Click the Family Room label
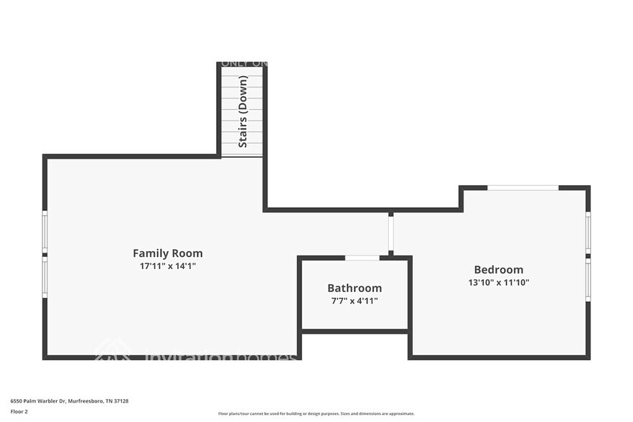click(167, 253)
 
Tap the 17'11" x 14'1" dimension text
click(167, 266)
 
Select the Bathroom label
click(355, 289)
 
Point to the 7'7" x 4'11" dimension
click(355, 301)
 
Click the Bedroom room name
click(498, 270)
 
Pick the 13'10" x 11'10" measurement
click(498, 283)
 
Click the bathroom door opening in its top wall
click(362, 258)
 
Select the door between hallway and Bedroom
click(391, 233)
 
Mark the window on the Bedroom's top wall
click(522, 188)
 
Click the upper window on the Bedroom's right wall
click(588, 232)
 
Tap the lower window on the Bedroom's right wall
click(588, 279)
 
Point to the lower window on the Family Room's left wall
click(44, 278)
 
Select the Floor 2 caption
click(19, 411)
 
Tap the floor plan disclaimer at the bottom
click(316, 413)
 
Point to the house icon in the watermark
click(113, 350)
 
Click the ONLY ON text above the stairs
click(244, 63)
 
